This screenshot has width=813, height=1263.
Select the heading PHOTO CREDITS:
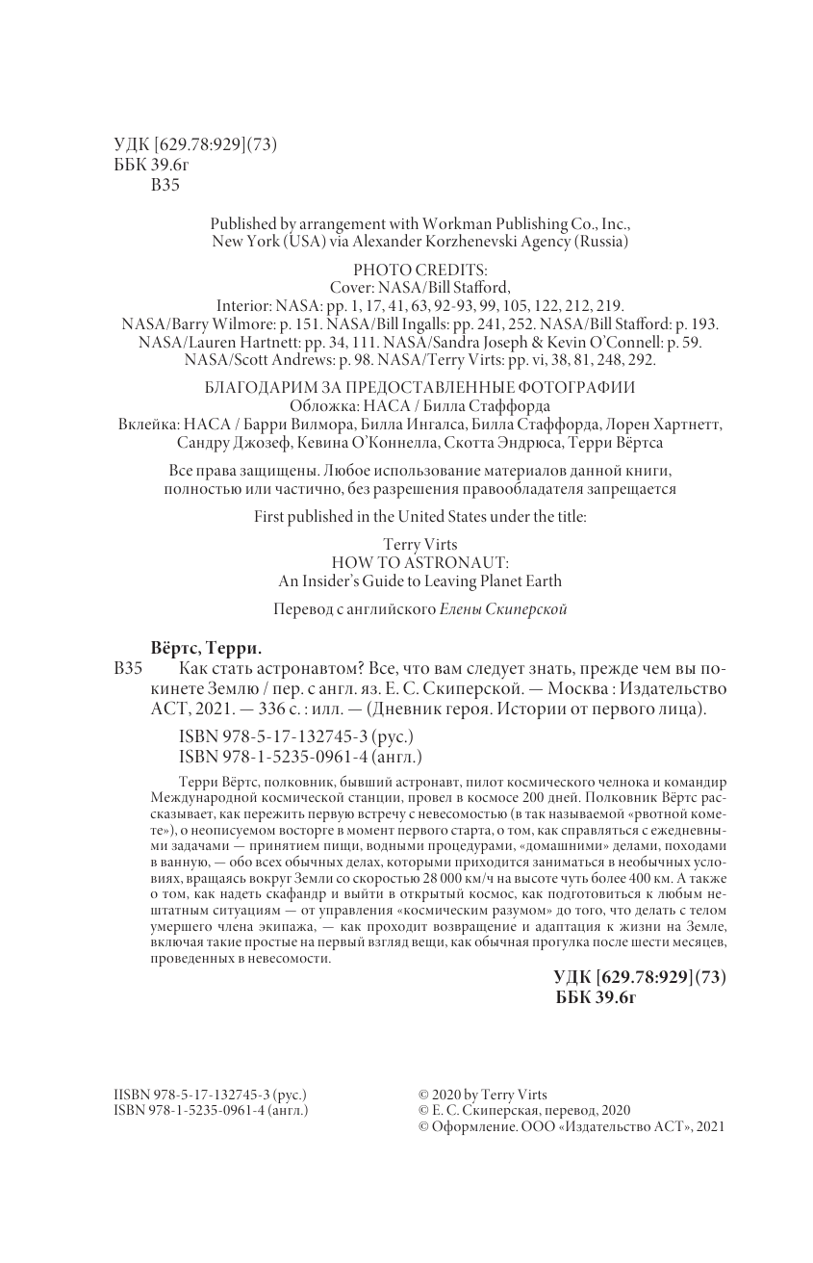point(420,270)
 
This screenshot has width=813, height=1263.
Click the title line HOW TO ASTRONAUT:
point(419,562)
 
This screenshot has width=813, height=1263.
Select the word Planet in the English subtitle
point(491,580)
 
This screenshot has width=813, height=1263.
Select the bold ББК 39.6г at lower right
point(597,996)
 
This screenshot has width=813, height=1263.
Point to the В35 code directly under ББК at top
point(165,186)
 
